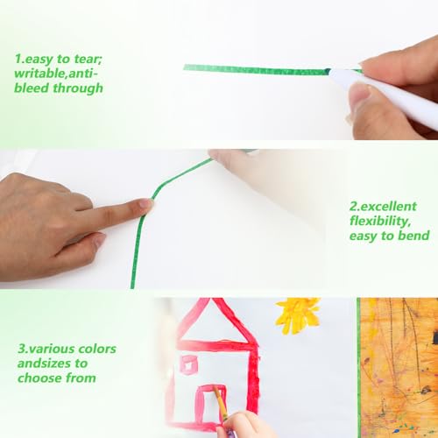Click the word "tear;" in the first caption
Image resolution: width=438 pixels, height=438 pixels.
tap(88, 59)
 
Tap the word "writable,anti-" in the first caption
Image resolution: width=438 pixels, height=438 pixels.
tap(56, 74)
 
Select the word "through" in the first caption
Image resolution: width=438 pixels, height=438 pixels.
tap(78, 88)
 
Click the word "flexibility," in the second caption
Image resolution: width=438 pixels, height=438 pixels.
tap(380, 222)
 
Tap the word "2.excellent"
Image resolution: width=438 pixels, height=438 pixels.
tap(383, 207)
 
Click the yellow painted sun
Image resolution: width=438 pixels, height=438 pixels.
tap(298, 315)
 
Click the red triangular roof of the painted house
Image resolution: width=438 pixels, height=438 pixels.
tap(216, 321)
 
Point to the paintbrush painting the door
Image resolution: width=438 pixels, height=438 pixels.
tap(221, 405)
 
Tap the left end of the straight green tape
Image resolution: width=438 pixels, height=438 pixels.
tap(185, 67)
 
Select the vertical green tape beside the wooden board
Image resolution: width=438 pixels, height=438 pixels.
tap(359, 368)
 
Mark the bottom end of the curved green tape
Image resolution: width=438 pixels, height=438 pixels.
tap(132, 287)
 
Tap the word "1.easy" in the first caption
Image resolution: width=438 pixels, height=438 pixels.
tap(34, 60)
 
